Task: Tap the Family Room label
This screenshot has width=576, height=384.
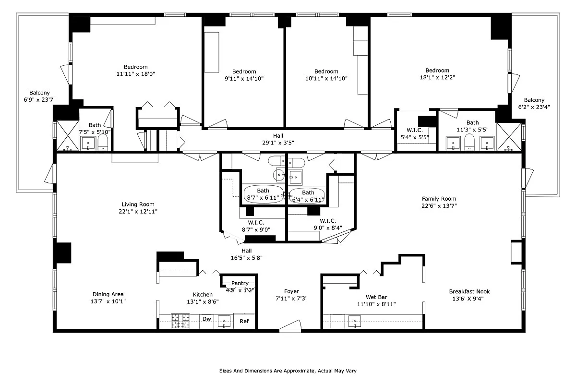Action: pyautogui.click(x=439, y=199)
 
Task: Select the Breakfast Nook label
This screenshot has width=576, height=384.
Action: pyautogui.click(x=469, y=291)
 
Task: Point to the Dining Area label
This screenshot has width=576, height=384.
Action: pyautogui.click(x=108, y=294)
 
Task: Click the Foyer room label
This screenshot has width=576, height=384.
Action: pyautogui.click(x=291, y=291)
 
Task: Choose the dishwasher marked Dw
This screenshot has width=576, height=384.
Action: pyautogui.click(x=206, y=319)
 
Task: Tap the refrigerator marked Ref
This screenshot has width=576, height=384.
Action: pyautogui.click(x=244, y=321)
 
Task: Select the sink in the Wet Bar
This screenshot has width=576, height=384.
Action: pyautogui.click(x=355, y=321)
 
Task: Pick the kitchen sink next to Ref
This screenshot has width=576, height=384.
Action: pyautogui.click(x=224, y=321)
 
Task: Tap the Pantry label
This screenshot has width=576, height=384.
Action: pyautogui.click(x=240, y=284)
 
